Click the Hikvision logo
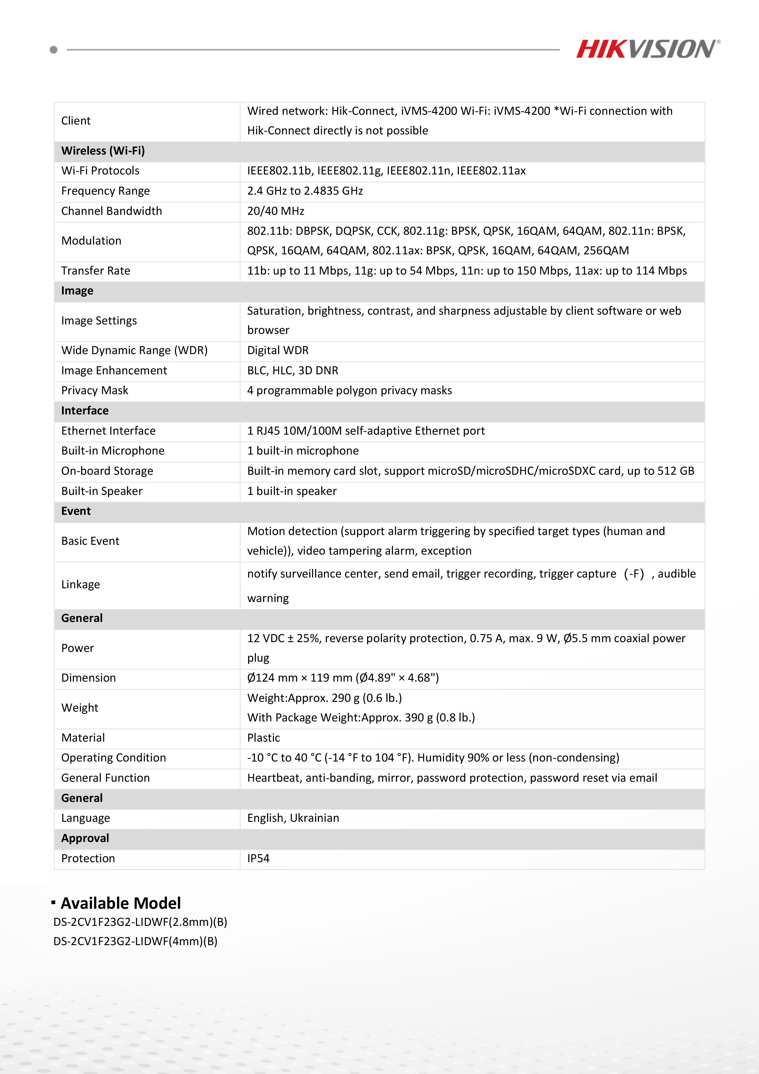tap(648, 49)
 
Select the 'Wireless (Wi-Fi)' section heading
tap(103, 151)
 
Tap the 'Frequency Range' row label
tap(105, 191)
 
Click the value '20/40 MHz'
tap(275, 211)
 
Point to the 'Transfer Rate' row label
tap(95, 271)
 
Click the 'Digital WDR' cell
tap(278, 350)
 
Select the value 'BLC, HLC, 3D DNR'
tap(292, 370)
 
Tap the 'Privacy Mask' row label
tap(95, 391)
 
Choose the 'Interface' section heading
tap(85, 411)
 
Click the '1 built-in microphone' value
tap(303, 451)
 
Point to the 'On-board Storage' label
tap(107, 471)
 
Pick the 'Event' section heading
tap(76, 511)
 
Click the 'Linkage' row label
tap(80, 585)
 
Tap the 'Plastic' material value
tap(263, 738)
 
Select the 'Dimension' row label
tap(88, 678)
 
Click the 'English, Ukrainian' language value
tap(293, 818)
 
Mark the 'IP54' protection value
tap(258, 858)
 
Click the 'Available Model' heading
tap(120, 903)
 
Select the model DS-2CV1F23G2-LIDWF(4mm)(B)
tap(135, 941)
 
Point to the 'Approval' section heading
tap(85, 838)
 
